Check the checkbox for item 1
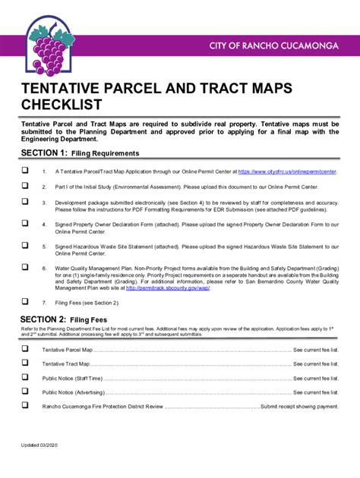tap(24, 171)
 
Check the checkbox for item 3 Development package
tap(24, 202)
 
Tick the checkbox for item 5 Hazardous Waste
tap(24, 246)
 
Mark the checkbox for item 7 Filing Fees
tap(24, 301)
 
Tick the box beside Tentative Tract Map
tap(24, 363)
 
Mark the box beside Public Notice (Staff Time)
tap(24, 378)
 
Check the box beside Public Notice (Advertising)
tap(24, 392)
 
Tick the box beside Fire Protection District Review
tap(24, 406)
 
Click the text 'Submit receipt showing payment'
tap(300, 407)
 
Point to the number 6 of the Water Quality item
tap(45, 268)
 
